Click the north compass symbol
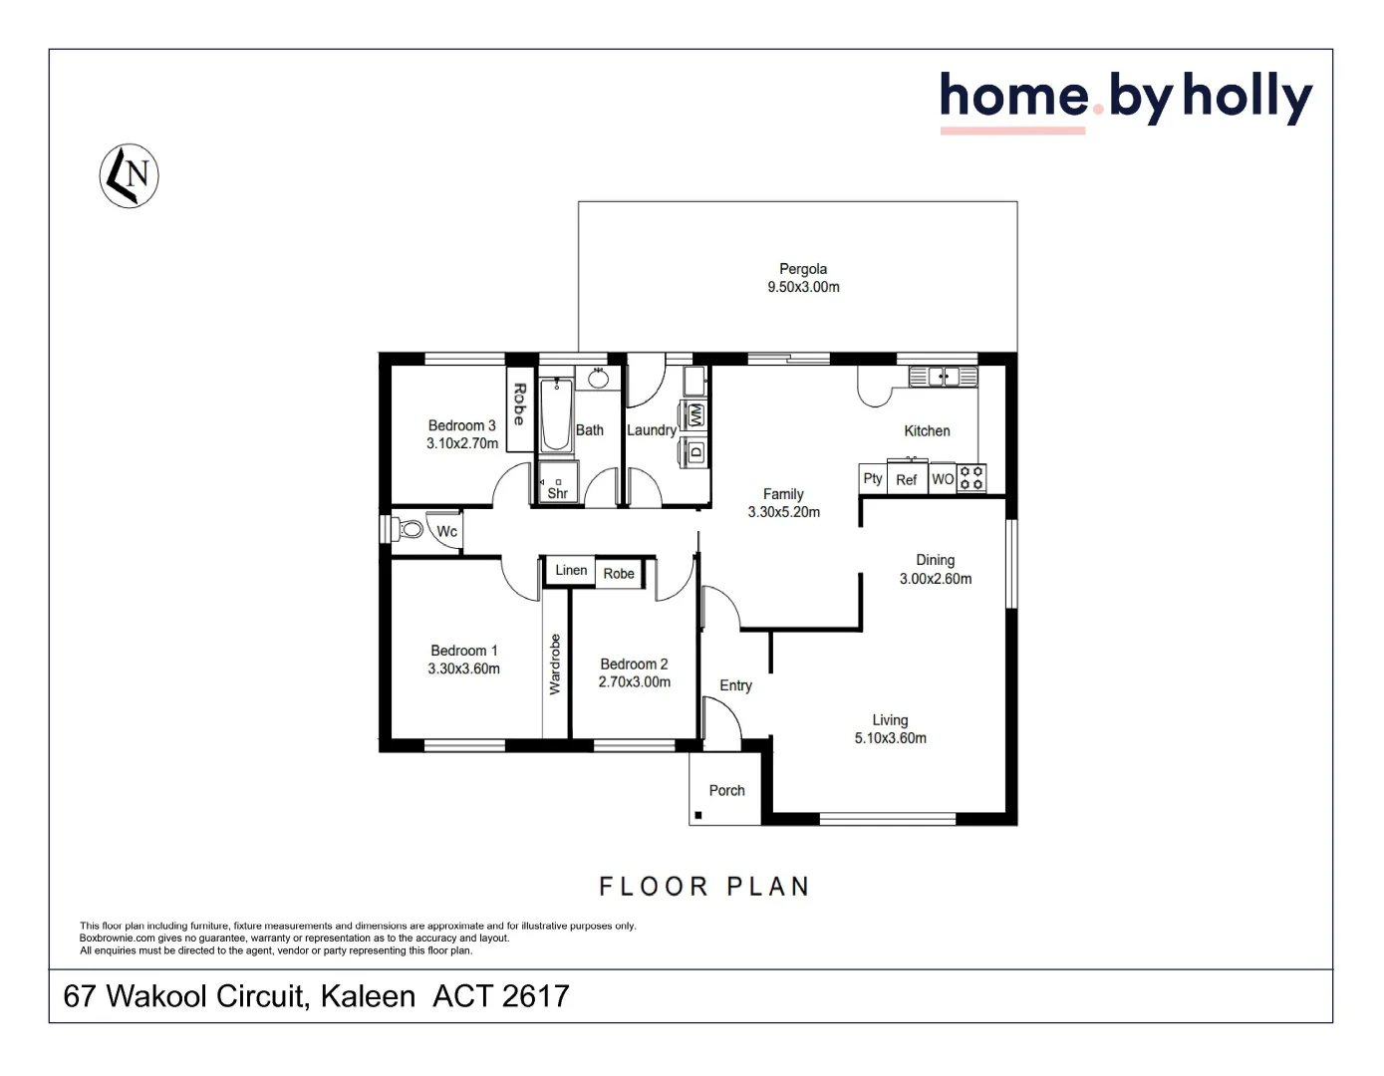(130, 176)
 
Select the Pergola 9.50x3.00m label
(803, 278)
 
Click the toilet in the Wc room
(409, 529)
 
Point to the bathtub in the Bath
(556, 415)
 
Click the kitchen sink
(943, 377)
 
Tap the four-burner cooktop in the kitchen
(971, 478)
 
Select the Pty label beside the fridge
(873, 478)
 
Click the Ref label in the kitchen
(906, 479)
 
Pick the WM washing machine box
(695, 415)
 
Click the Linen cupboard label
(571, 570)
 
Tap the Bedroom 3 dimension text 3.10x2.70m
(462, 443)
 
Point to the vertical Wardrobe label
(555, 665)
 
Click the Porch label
(726, 790)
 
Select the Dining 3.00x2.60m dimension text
(936, 579)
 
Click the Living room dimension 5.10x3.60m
(890, 738)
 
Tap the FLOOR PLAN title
(703, 887)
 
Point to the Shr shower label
(558, 493)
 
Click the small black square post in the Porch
(698, 815)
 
